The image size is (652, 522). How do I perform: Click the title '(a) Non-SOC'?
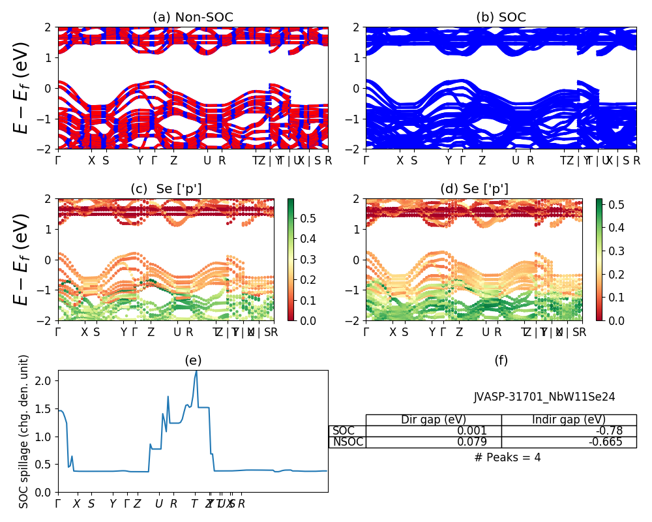[x=192, y=18]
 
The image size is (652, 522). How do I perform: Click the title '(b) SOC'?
[x=501, y=18]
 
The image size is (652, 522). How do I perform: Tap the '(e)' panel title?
[x=192, y=360]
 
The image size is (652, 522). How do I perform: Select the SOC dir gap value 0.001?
[x=490, y=431]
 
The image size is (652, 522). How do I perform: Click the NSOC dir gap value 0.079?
[x=490, y=442]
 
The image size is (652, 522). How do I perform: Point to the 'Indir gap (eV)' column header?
[x=569, y=420]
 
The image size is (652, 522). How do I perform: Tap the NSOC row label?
[x=348, y=442]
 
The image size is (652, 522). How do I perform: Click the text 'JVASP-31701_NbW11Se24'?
[x=544, y=397]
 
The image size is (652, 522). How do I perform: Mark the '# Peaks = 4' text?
[x=507, y=457]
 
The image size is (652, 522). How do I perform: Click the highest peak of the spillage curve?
[x=196, y=371]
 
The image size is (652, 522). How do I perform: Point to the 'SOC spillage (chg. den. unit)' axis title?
[x=24, y=431]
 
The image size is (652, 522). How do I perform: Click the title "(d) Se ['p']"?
[x=474, y=189]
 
